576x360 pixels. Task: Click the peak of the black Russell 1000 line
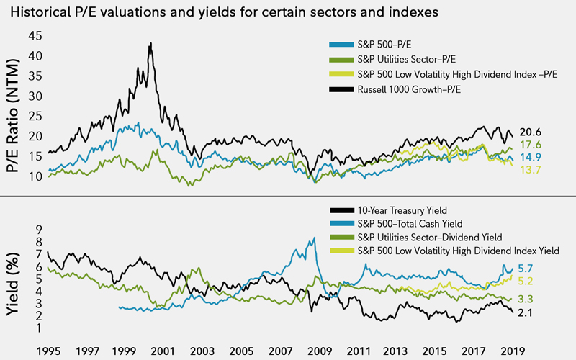pyautogui.click(x=150, y=43)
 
